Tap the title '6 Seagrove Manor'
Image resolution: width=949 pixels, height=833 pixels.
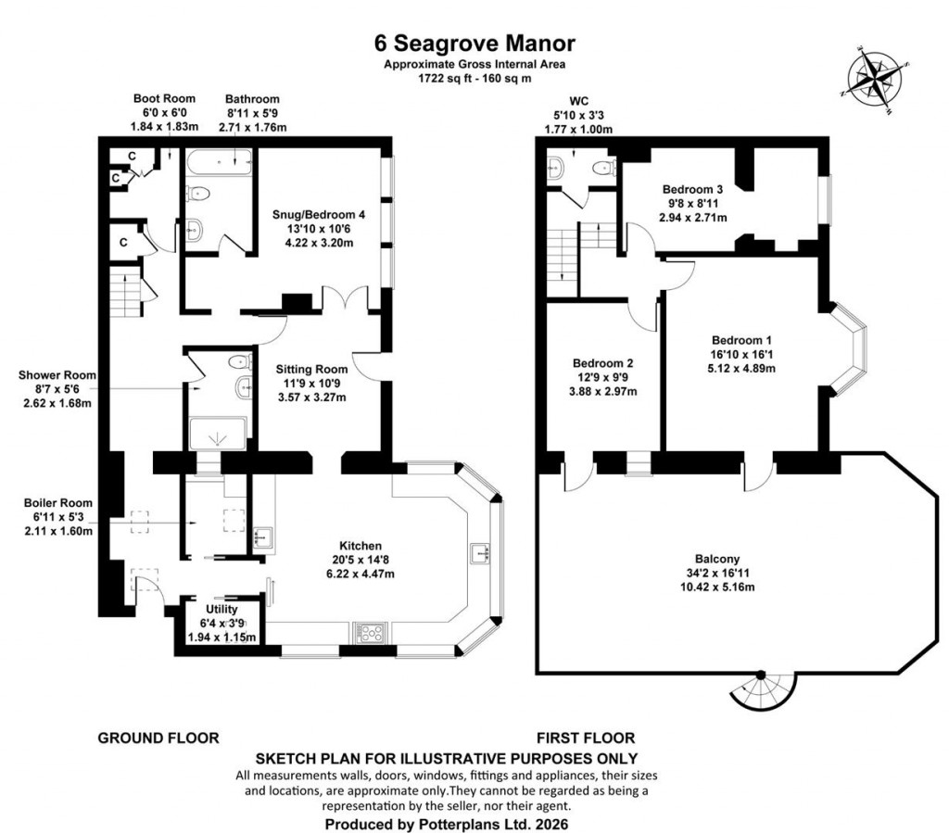474,43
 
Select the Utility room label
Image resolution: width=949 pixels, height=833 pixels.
221,609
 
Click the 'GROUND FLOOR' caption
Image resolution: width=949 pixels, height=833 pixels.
158,738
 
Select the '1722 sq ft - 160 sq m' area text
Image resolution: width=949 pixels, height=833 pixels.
474,79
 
